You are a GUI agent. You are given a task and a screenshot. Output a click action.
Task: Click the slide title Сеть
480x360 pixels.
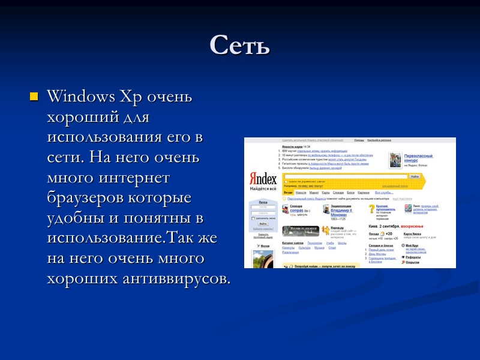pyautogui.click(x=239, y=46)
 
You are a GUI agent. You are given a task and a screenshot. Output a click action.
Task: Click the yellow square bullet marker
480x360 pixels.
pyautogui.click(x=34, y=96)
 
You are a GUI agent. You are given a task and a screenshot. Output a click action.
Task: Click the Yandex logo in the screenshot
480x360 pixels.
pyautogui.click(x=263, y=179)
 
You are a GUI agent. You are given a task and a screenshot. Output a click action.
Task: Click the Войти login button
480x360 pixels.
pyautogui.click(x=263, y=223)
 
